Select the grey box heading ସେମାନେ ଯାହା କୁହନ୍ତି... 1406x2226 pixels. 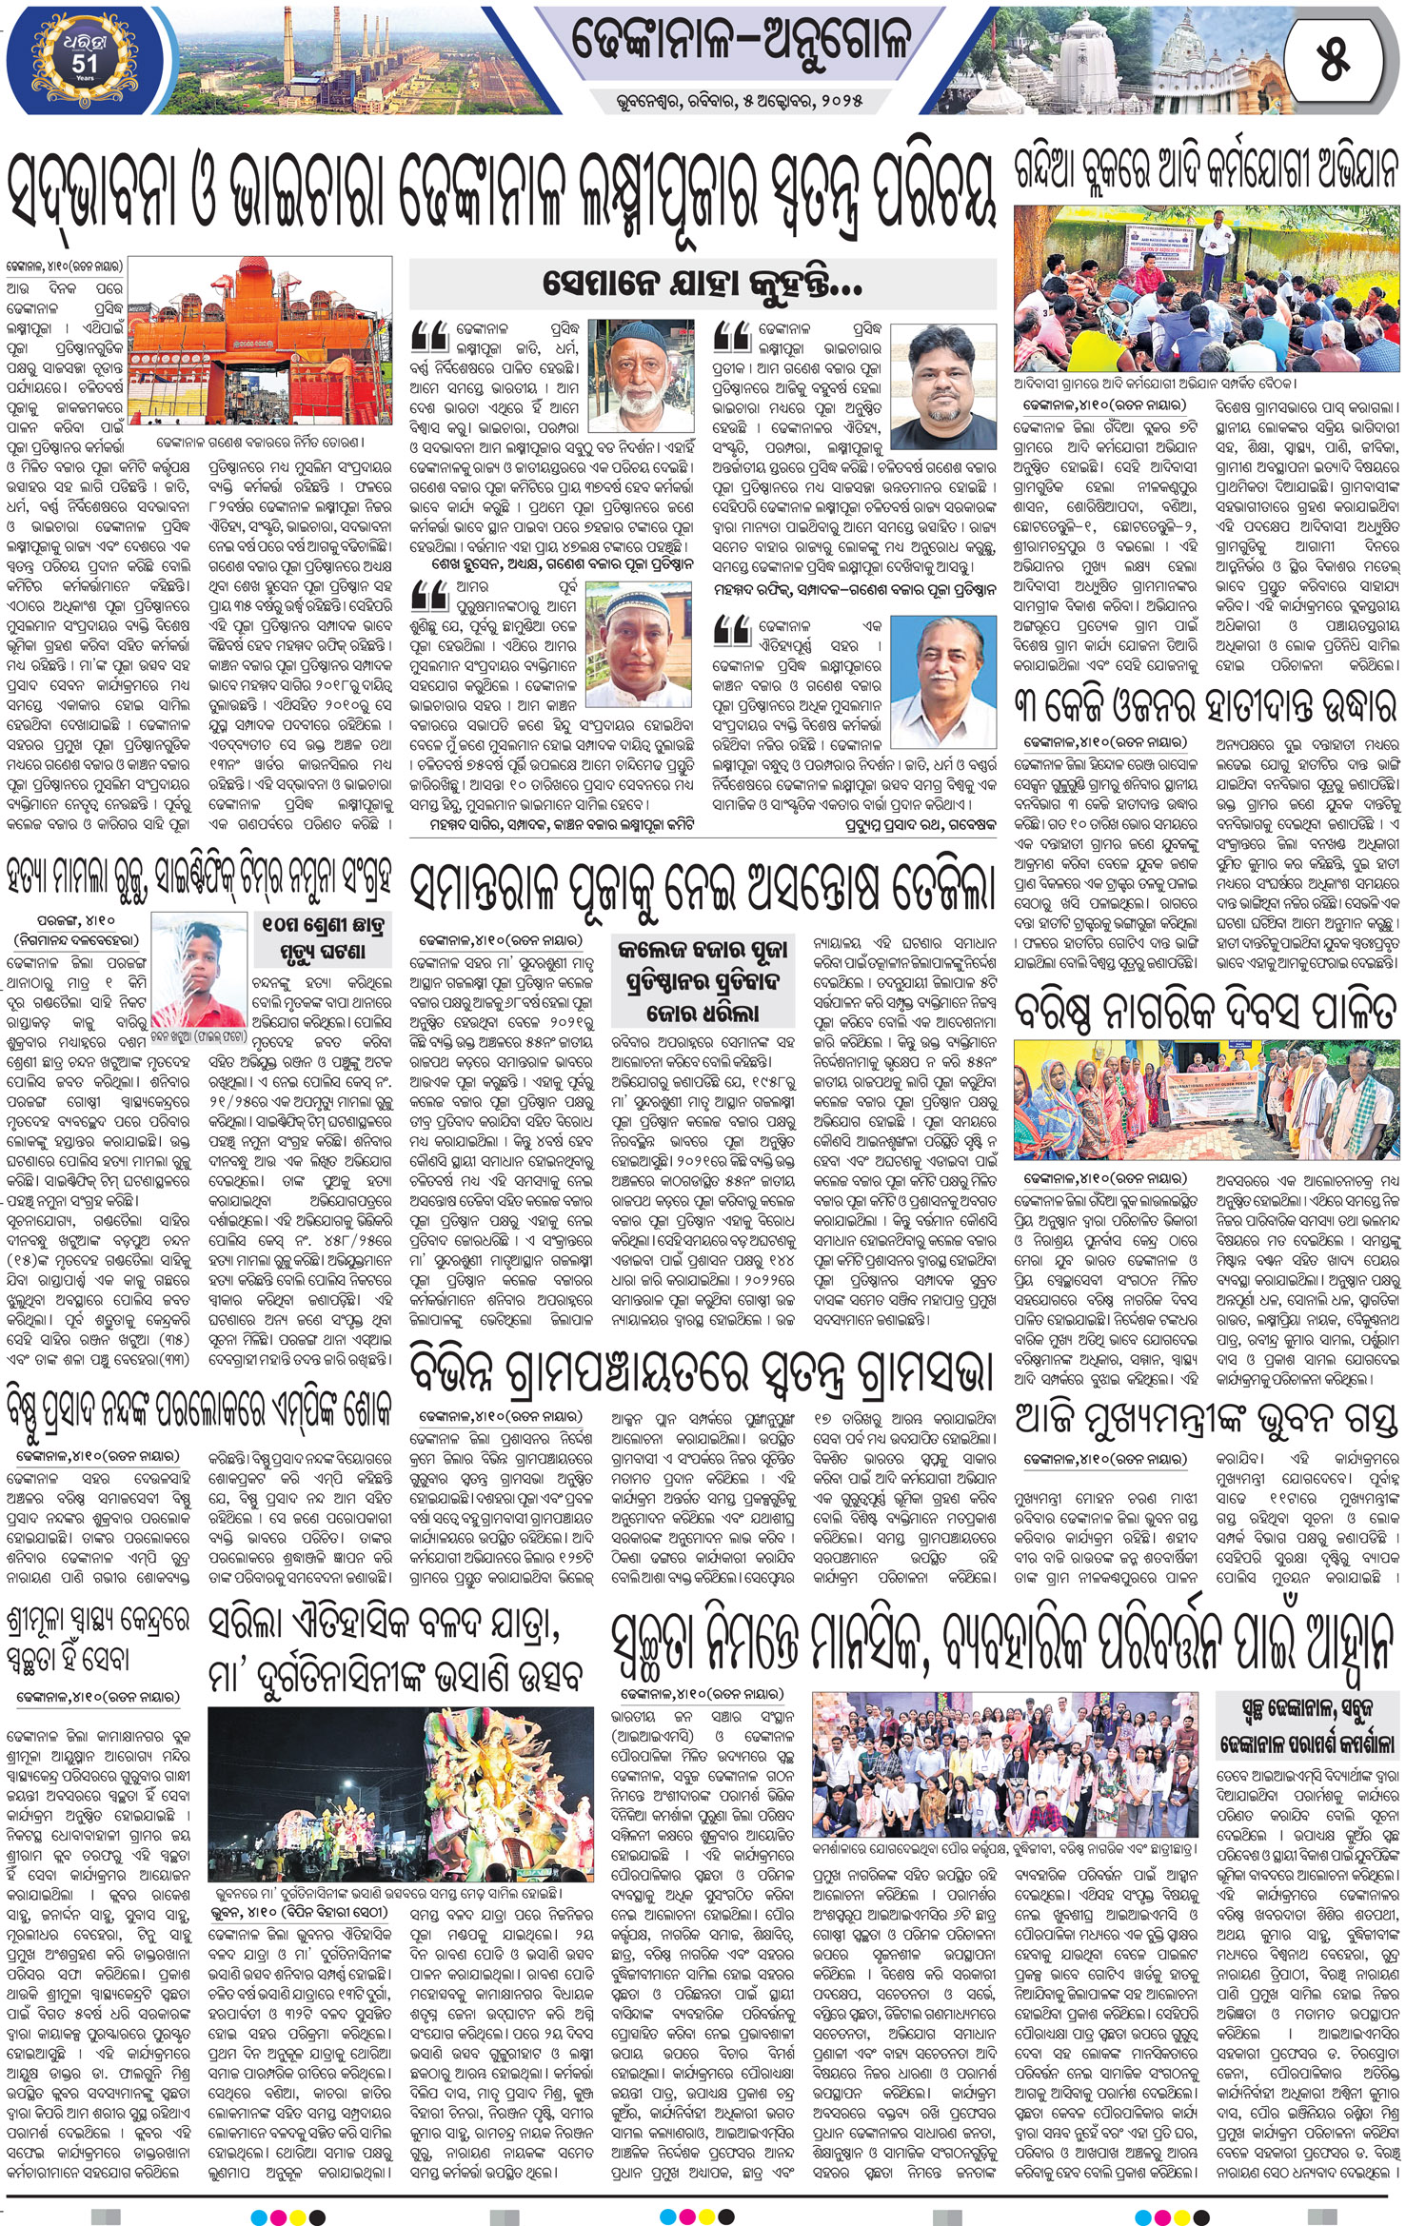[703, 283]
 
